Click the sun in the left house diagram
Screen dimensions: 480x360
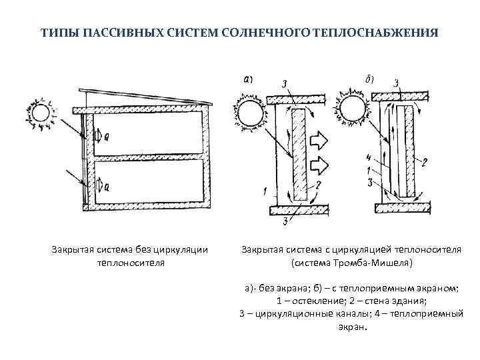pos(41,113)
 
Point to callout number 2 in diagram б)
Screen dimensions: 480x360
pos(425,162)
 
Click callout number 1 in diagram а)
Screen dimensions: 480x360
pos(265,192)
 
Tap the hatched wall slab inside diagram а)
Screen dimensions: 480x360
pos(299,155)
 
